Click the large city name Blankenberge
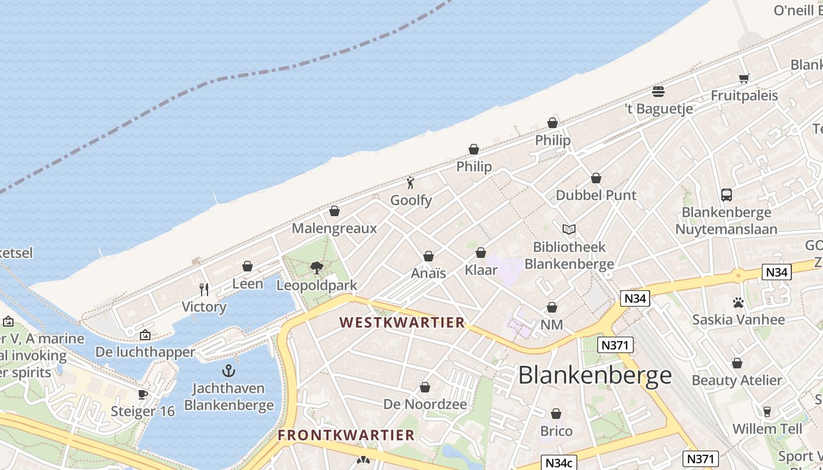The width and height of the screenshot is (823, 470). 594,375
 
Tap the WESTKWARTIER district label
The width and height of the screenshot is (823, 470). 402,323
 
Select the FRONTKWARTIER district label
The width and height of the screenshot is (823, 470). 346,435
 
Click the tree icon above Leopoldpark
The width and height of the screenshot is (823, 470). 317,268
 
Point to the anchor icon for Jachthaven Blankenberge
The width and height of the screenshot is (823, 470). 229,371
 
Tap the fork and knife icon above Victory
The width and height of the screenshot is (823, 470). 204,289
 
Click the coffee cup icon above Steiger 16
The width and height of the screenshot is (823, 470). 143,394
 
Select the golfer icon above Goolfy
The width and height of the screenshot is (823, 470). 411,183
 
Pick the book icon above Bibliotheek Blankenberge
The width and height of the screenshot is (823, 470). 568,229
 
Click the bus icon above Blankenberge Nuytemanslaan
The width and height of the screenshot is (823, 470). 727,194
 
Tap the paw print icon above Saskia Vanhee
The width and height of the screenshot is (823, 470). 738,303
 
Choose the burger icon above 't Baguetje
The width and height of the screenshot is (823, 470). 658,91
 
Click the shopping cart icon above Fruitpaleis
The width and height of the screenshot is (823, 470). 744,78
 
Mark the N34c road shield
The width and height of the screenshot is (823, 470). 558,462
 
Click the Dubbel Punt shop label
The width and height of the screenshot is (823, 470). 596,195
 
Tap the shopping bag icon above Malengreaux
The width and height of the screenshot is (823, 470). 334,211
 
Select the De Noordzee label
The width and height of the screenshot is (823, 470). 425,404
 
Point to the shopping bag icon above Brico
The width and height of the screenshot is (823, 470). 556,414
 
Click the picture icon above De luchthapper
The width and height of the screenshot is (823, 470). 145,335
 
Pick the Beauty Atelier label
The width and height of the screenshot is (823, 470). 737,380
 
